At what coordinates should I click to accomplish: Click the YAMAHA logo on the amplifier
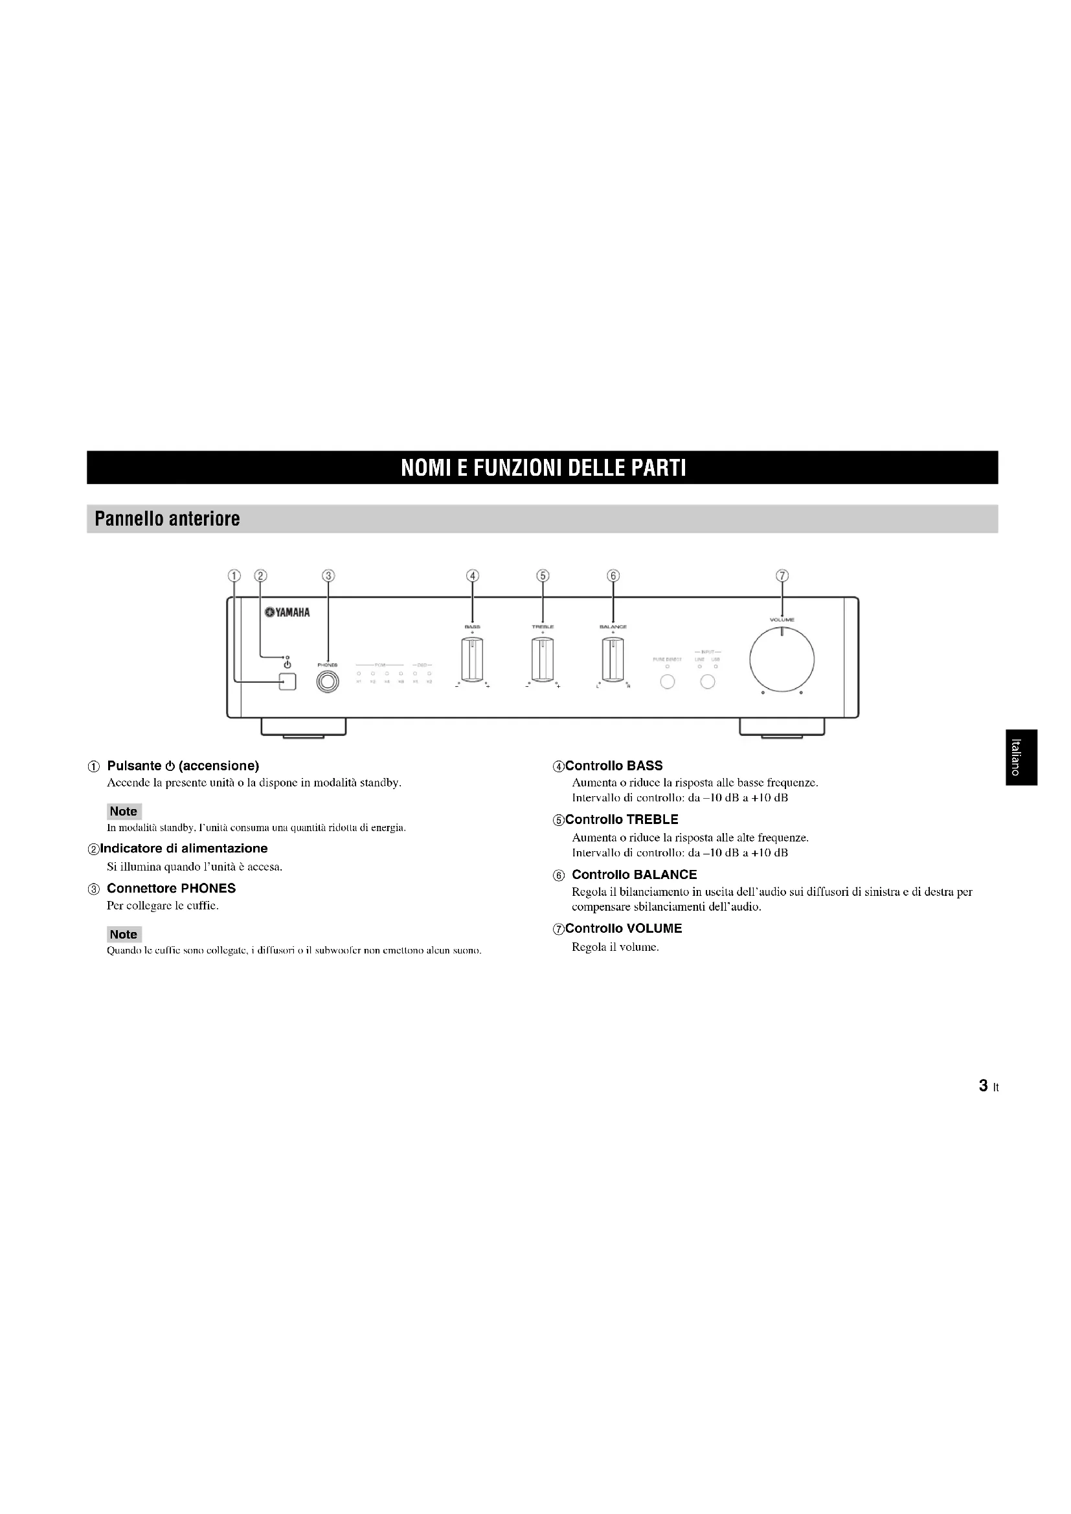pyautogui.click(x=287, y=612)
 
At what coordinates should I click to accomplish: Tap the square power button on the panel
pyautogui.click(x=287, y=682)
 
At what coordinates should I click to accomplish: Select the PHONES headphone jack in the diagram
pyautogui.click(x=328, y=682)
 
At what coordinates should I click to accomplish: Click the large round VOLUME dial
pyautogui.click(x=782, y=660)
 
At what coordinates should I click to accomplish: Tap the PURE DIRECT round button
pyautogui.click(x=668, y=682)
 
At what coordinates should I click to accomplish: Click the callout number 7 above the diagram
pyautogui.click(x=782, y=575)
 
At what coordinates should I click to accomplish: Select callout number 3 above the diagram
pyautogui.click(x=328, y=575)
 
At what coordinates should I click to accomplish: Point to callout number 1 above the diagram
pyautogui.click(x=234, y=575)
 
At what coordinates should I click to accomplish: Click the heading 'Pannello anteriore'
pyautogui.click(x=168, y=519)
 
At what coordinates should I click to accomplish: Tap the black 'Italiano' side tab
pyautogui.click(x=1020, y=758)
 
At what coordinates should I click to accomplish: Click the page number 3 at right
pyautogui.click(x=984, y=1086)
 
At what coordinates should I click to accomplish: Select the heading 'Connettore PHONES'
pyautogui.click(x=171, y=888)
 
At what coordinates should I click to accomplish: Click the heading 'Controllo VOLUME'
pyautogui.click(x=623, y=928)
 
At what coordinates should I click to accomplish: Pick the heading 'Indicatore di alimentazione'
pyautogui.click(x=183, y=848)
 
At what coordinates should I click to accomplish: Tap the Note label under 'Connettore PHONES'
pyautogui.click(x=123, y=935)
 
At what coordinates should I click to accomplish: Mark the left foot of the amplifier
pyautogui.click(x=303, y=727)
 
